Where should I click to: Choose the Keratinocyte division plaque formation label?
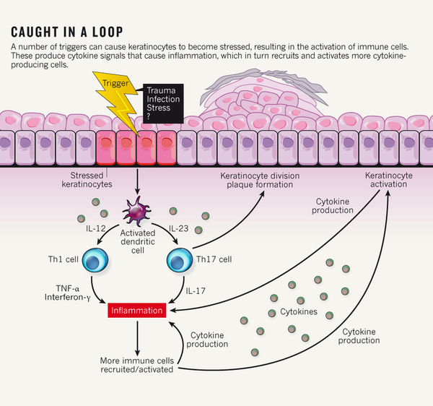[254, 179]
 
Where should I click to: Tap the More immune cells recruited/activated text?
[136, 364]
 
